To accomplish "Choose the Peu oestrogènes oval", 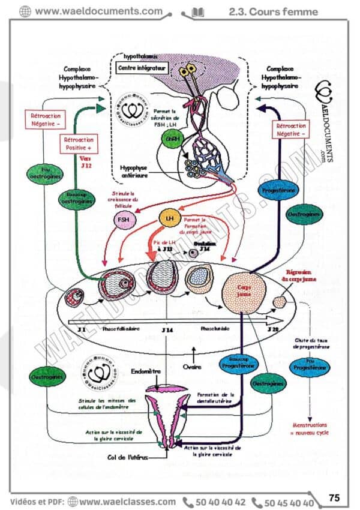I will click(41, 173).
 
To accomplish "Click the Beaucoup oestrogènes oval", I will click(76, 199).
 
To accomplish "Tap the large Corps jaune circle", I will click(241, 292).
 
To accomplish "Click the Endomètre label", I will click(146, 372).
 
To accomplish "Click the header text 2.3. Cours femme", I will click(273, 11).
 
